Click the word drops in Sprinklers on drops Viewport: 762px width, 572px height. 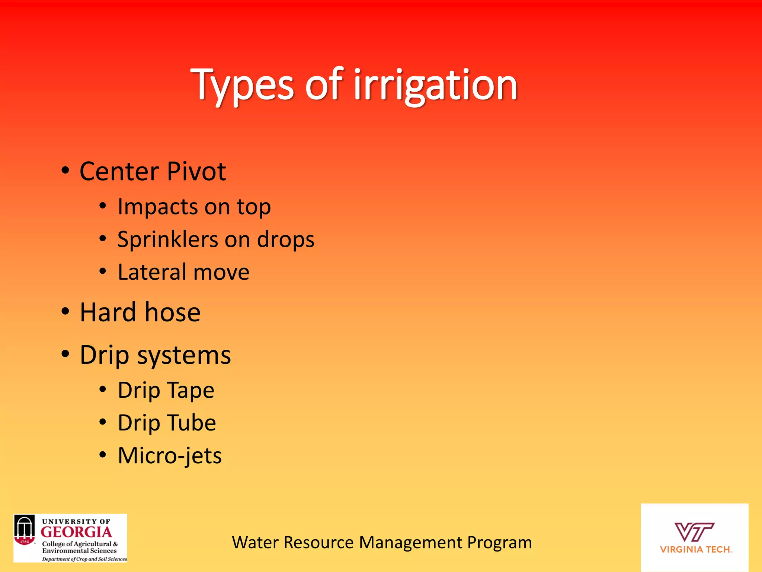pyautogui.click(x=286, y=239)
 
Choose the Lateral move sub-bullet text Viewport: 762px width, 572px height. pyautogui.click(x=183, y=272)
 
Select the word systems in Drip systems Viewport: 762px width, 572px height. pyautogui.click(x=184, y=355)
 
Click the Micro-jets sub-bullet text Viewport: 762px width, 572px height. pyautogui.click(x=170, y=455)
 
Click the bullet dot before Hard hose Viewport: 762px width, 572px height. pyautogui.click(x=65, y=312)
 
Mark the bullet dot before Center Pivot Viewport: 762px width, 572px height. pyautogui.click(x=65, y=171)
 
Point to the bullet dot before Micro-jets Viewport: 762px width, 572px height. pyautogui.click(x=103, y=455)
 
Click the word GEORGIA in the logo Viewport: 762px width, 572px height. pyautogui.click(x=76, y=532)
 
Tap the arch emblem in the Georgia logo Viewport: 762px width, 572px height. pyautogui.click(x=25, y=530)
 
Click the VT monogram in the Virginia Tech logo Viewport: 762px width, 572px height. pyautogui.click(x=694, y=531)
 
